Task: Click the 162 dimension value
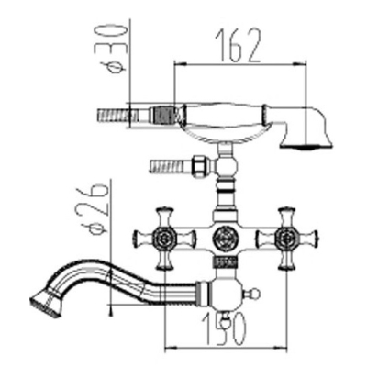tap(238, 45)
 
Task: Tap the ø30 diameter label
tap(111, 50)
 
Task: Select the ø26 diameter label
tap(94, 209)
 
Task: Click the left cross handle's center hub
tap(165, 239)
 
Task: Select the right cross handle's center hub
tap(287, 239)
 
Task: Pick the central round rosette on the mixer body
tap(226, 239)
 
